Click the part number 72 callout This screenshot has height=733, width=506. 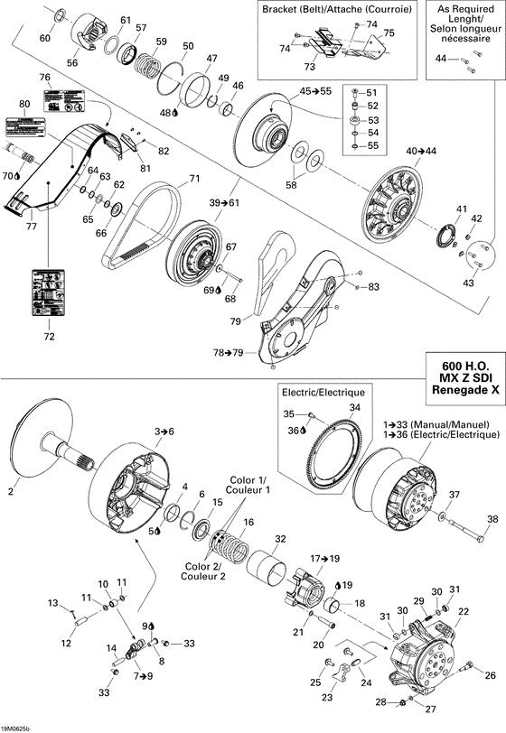49,337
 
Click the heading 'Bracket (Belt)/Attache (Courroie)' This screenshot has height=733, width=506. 336,9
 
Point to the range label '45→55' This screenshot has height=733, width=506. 316,91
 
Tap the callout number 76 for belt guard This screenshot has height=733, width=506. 44,77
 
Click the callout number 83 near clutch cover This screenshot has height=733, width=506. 373,286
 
